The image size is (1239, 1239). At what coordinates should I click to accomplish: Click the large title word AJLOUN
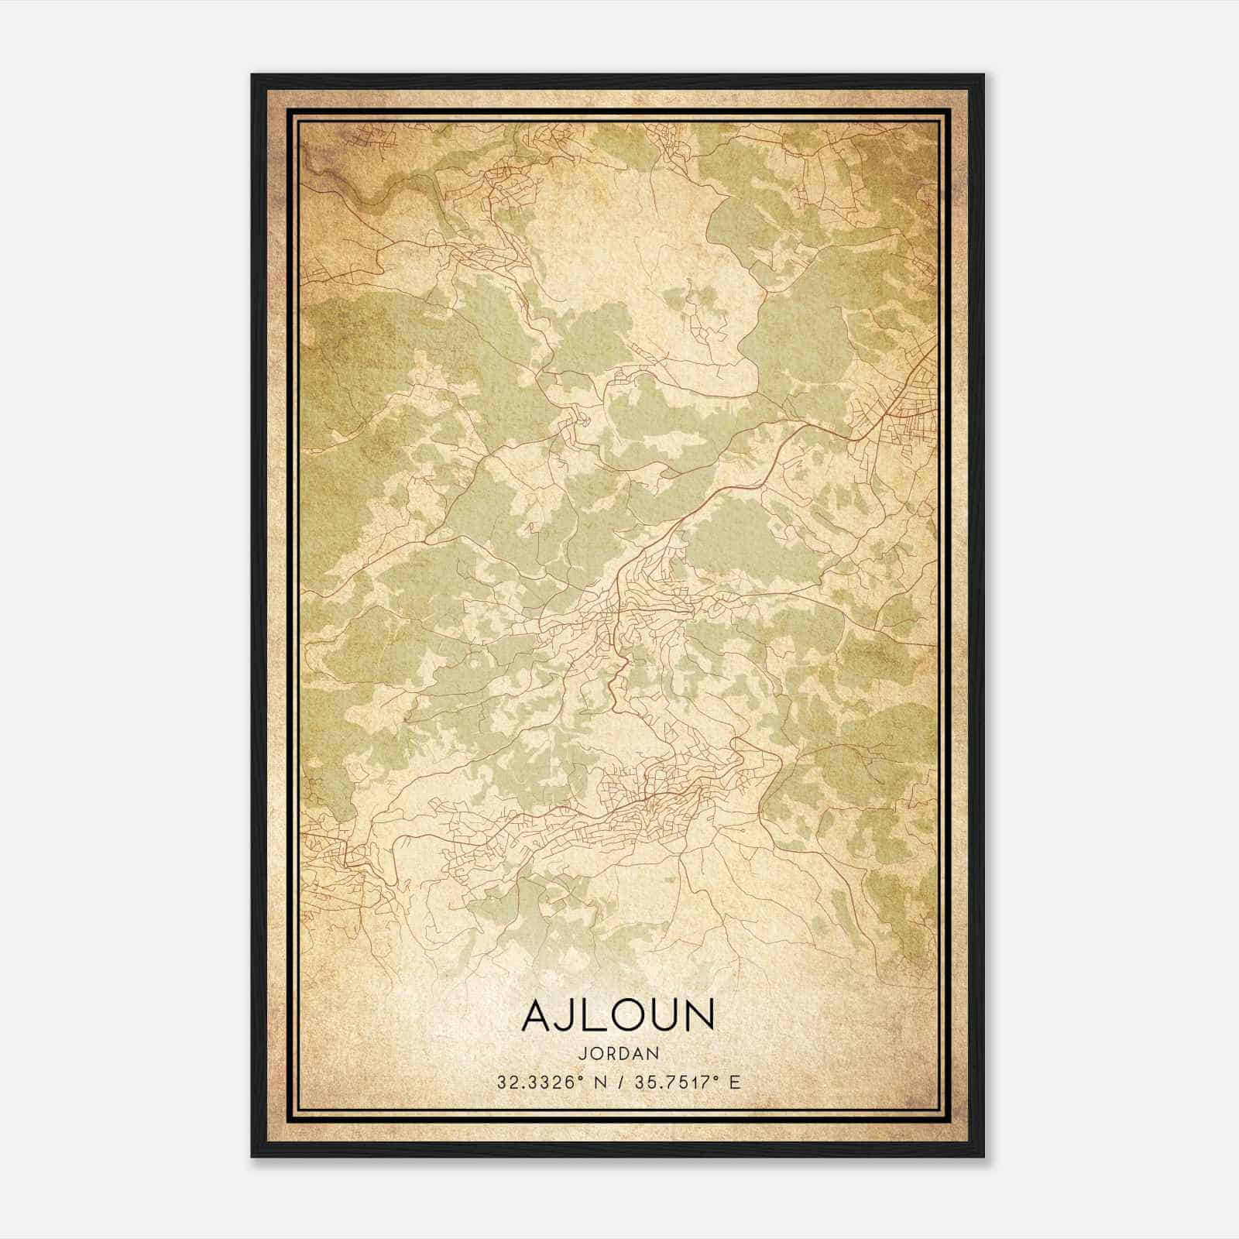point(618,1015)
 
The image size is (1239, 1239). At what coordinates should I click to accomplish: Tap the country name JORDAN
point(618,1053)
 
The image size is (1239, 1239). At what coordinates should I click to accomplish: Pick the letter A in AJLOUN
point(539,1015)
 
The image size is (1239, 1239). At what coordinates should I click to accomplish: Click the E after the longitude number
point(736,1082)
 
